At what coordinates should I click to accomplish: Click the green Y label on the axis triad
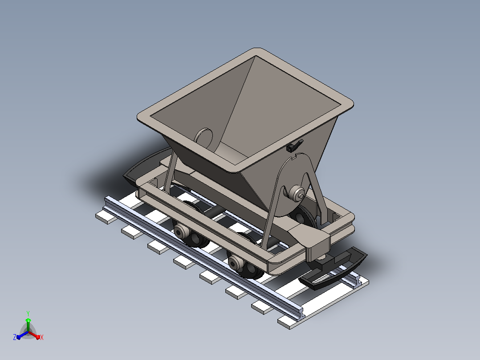[28, 313]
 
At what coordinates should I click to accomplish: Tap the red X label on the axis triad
[42, 337]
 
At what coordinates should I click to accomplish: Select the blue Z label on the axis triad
[14, 337]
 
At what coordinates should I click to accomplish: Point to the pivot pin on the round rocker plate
[297, 193]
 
